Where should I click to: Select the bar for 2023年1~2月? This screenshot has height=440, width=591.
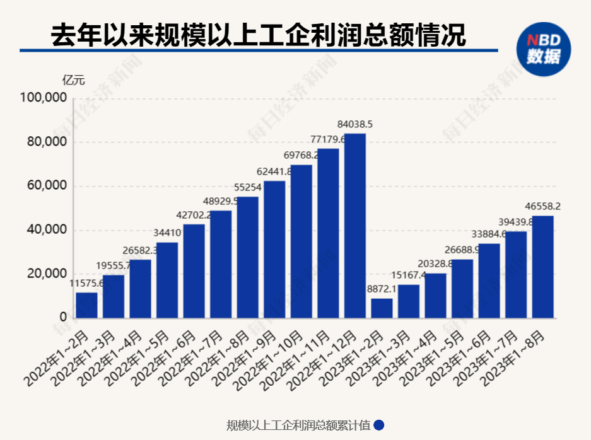pos(382,308)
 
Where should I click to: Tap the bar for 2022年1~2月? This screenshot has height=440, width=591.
pos(86,305)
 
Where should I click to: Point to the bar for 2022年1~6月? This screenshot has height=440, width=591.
pos(194,271)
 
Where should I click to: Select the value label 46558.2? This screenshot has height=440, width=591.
pos(543,206)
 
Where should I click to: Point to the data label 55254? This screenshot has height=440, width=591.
pos(247,187)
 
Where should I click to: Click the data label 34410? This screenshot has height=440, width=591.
pos(167,233)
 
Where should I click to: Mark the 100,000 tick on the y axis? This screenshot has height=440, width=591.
pos(44,98)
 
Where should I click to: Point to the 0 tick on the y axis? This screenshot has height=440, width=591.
pos(63,318)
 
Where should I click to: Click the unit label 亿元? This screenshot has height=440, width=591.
pos(73,80)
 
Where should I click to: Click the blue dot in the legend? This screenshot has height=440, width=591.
pos(379,425)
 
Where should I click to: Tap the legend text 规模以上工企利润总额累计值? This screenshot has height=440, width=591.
pos(298,425)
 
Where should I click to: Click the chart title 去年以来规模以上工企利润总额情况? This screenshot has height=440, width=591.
pos(258,35)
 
